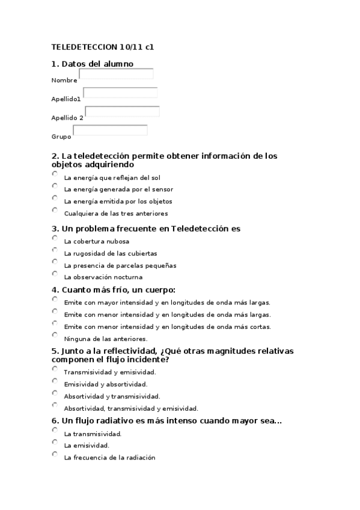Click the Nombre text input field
116,74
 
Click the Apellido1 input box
120,93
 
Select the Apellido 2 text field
122,111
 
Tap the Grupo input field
110,130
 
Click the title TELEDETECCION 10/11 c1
102,46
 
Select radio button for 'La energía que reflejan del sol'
55,174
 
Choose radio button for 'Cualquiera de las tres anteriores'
55,210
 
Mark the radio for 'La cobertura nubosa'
55,238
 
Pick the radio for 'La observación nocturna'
55,274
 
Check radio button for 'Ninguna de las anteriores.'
55,335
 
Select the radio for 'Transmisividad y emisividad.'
55,369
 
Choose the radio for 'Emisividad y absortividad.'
55,381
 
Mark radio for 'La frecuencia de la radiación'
55,454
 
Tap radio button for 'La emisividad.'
55,442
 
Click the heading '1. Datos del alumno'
93,63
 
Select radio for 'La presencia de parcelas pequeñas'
55,262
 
